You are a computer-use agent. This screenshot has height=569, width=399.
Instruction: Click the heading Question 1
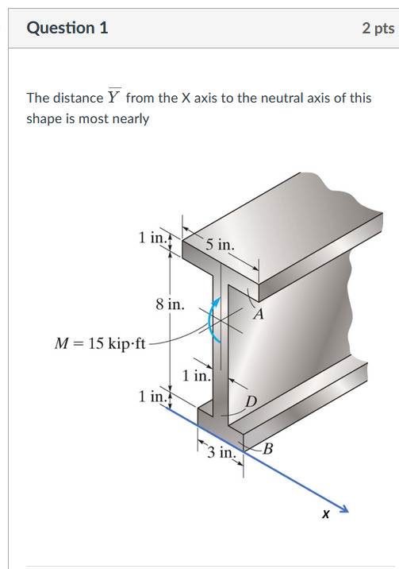pos(67,28)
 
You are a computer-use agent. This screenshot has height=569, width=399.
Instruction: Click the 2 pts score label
pos(378,28)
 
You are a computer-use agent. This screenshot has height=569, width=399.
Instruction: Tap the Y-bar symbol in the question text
pos(114,97)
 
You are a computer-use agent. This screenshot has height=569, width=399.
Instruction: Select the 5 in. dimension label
pos(218,245)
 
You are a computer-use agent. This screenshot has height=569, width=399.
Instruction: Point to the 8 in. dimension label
pos(170,304)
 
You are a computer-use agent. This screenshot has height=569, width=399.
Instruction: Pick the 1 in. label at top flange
pos(152,237)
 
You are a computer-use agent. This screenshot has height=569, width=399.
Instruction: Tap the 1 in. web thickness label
pos(196,376)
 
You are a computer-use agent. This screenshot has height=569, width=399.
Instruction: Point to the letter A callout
pos(258,313)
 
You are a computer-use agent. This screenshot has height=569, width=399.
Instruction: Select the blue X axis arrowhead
pos(343,508)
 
